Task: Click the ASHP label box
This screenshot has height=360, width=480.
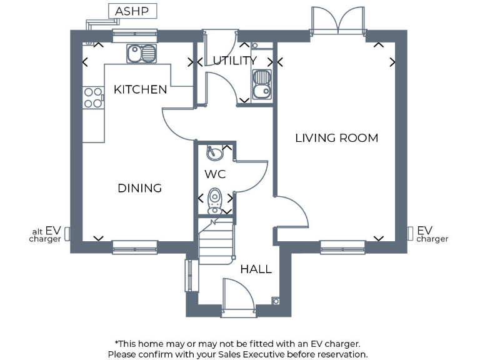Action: (132, 11)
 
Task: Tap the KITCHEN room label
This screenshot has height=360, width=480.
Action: (140, 89)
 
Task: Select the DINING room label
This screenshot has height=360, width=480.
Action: (139, 188)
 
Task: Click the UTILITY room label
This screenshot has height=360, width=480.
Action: (234, 61)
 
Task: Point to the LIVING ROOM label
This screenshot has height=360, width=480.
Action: (336, 138)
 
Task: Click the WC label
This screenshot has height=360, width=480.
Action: (215, 174)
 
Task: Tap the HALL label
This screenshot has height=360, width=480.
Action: (256, 269)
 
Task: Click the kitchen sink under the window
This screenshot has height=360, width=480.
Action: (141, 54)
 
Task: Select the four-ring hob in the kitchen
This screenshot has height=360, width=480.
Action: (92, 97)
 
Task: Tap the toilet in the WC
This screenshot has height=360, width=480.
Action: (215, 199)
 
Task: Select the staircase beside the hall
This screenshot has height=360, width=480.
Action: (216, 241)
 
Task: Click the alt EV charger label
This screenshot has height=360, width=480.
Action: (46, 234)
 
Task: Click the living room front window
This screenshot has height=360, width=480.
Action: (342, 247)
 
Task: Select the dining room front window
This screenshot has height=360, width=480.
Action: (135, 247)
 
